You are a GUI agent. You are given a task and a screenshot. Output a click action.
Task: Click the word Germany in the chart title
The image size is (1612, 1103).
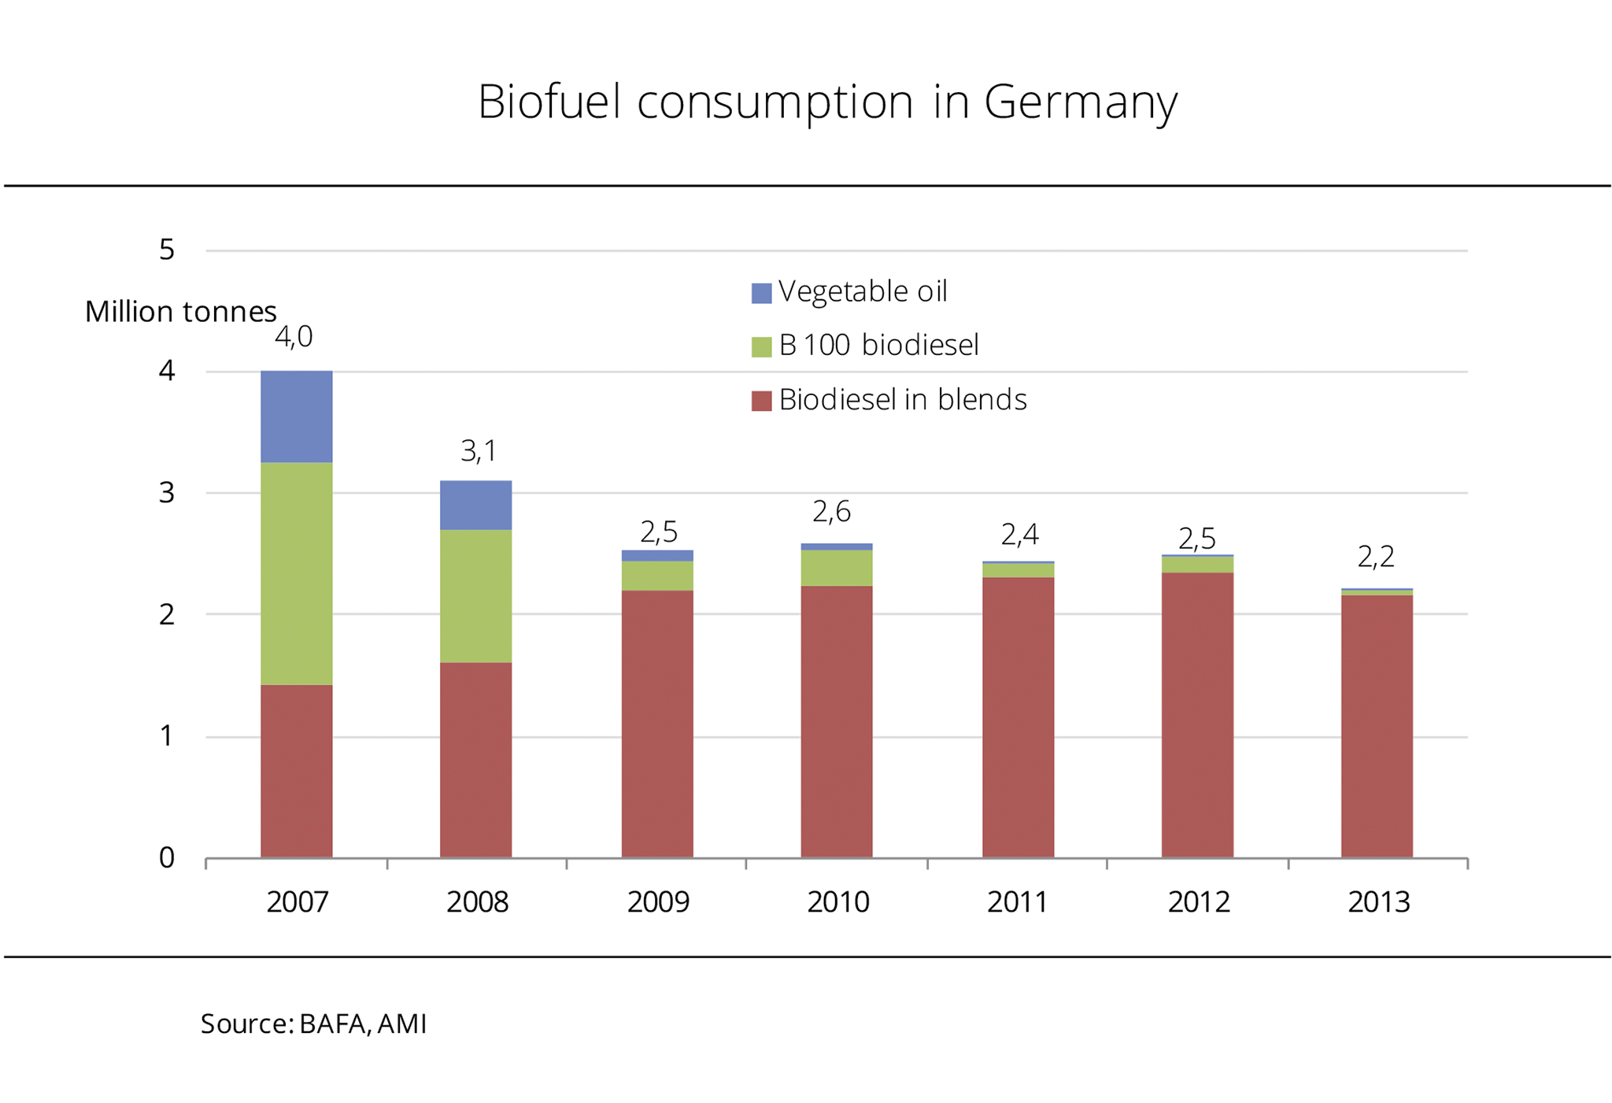[x=1080, y=102]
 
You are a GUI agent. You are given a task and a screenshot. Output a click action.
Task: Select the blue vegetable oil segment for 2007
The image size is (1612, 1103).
[x=296, y=416]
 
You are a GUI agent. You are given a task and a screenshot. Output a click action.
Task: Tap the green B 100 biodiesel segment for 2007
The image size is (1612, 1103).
[x=296, y=573]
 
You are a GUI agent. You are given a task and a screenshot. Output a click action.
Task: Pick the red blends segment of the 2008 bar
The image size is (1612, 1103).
[x=475, y=760]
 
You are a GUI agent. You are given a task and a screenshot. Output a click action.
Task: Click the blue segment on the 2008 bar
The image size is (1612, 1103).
[x=475, y=505]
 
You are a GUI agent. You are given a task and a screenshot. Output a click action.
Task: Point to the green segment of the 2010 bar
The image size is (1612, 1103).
[x=837, y=568]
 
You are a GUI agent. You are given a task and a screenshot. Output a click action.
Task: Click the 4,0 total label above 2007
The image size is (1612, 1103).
[x=294, y=337]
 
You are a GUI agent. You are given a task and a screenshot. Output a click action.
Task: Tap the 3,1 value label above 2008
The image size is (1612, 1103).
[x=479, y=451]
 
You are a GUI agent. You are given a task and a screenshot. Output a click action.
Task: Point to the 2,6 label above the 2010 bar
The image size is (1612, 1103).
[x=831, y=512]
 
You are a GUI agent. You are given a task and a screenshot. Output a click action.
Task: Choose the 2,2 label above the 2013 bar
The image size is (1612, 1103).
[x=1376, y=557]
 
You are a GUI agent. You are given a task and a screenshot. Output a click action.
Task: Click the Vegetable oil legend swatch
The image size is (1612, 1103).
[x=761, y=293]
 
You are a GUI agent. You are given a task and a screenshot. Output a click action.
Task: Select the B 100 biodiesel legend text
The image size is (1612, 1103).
[x=878, y=345]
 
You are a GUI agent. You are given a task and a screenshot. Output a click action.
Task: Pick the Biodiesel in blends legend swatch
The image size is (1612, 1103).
[x=761, y=401]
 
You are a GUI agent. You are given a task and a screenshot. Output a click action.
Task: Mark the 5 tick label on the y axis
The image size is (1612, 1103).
[x=167, y=250]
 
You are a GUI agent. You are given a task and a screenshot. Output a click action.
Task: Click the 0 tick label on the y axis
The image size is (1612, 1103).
[x=167, y=857]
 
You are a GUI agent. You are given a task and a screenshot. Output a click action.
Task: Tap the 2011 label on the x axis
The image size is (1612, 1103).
[x=1017, y=902]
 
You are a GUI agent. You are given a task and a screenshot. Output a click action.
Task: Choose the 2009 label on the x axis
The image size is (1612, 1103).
[x=658, y=902]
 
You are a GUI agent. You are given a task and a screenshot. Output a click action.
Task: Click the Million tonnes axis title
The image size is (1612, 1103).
[x=180, y=312]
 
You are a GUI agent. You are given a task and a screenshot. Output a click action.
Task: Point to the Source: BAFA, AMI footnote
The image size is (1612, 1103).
[x=313, y=1023]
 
